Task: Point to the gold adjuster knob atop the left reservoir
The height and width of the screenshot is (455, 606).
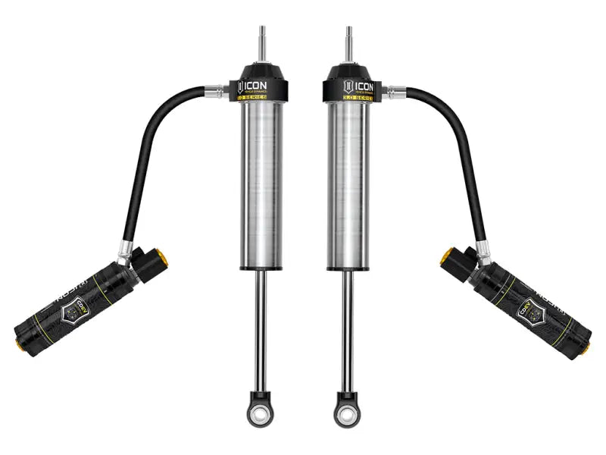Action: [160, 258]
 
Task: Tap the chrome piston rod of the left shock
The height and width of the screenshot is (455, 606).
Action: [259, 326]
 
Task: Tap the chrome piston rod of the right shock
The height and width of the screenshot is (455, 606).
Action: [348, 326]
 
